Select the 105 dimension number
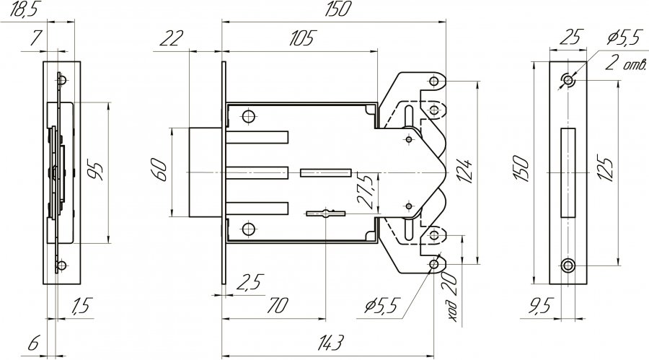303,38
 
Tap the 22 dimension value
172,38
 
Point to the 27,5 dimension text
366,190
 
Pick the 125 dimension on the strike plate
606,168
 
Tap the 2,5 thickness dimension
250,283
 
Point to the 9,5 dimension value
539,306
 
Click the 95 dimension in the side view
95,171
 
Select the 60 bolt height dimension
160,170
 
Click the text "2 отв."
625,63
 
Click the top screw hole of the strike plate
568,79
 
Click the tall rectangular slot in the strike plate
568,172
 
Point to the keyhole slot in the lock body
326,214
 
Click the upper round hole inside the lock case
249,116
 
